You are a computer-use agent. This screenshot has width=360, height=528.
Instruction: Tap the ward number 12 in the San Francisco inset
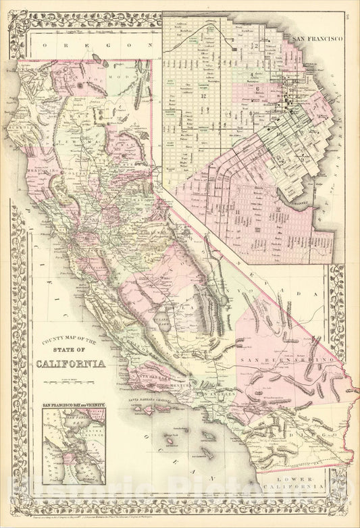(x=202, y=97)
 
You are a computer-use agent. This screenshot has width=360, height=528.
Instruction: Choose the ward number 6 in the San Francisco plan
(x=258, y=88)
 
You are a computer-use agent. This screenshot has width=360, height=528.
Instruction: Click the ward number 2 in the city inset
(x=257, y=45)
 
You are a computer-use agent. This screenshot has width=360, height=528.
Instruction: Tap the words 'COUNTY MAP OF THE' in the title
(x=70, y=341)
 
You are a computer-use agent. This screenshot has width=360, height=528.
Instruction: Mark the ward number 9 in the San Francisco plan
(x=251, y=113)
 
